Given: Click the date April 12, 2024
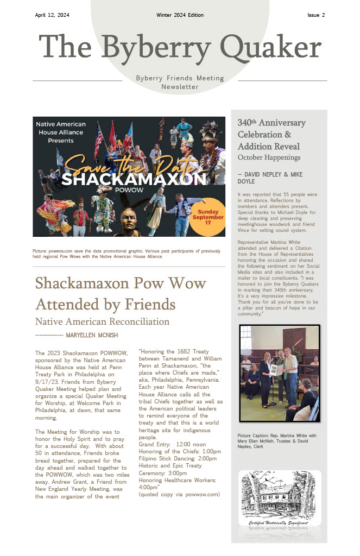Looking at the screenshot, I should point(52,15).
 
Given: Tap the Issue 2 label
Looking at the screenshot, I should point(315,15).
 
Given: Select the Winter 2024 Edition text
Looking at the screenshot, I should point(180,15).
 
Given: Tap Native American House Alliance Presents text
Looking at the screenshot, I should point(60,132).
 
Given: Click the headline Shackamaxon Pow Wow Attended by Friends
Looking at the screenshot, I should point(121,293).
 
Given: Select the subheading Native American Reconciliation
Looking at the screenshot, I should point(102,321).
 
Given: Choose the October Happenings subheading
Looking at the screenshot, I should point(269,157).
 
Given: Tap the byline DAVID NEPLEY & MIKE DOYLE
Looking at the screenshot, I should point(268,178).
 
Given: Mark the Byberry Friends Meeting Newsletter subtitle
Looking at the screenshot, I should point(180,83).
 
